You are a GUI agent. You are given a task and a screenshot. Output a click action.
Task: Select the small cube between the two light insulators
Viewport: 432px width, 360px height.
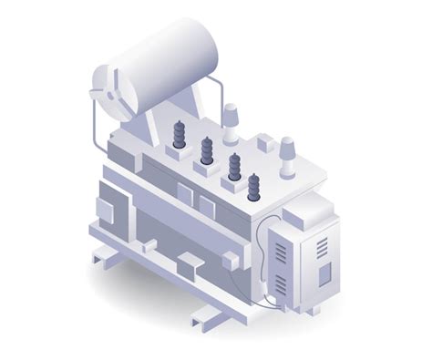[x=264, y=142]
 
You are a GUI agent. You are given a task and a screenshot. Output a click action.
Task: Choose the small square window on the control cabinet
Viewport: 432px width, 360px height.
[x=324, y=273]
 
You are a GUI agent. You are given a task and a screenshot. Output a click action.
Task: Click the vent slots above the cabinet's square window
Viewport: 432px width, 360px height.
[x=322, y=247]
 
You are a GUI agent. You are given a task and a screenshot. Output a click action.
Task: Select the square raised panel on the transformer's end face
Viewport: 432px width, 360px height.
[x=105, y=211]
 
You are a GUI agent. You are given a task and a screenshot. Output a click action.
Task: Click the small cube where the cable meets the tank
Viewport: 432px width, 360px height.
[x=230, y=261]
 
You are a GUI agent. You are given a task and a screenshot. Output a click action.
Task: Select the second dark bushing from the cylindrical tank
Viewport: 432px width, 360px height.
[x=207, y=150]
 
